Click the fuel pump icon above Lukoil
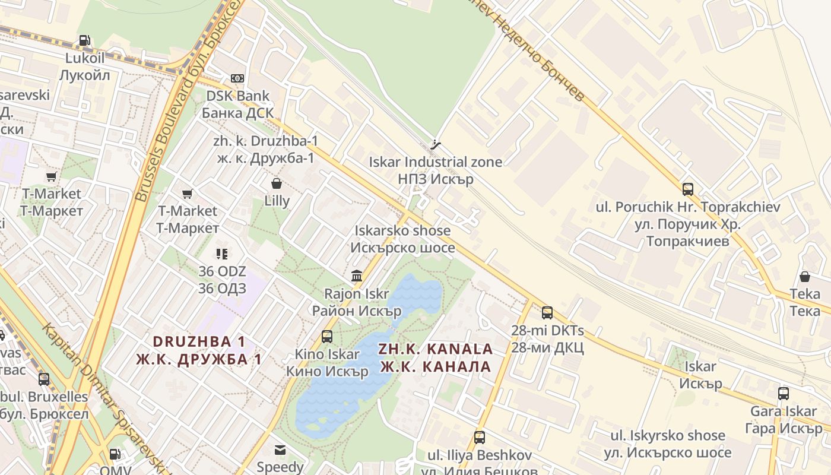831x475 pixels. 85,41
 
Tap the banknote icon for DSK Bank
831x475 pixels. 237,78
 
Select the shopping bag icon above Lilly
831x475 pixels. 276,183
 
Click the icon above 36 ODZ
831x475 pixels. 222,254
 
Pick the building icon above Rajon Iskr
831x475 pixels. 357,275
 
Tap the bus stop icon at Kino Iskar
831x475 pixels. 327,337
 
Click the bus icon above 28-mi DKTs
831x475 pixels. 547,312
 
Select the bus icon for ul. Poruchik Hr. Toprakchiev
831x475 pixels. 687,189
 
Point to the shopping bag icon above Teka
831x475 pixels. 805,277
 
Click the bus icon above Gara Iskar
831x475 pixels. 784,393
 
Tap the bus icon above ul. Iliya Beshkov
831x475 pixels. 480,438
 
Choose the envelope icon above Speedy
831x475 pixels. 280,450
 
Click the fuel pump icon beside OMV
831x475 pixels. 115,454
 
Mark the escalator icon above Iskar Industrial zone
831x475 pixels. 436,144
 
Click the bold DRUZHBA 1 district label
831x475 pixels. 199,350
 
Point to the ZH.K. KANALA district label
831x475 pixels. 436,357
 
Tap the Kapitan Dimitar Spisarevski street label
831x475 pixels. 101,398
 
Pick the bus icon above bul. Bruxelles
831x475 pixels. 44,379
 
